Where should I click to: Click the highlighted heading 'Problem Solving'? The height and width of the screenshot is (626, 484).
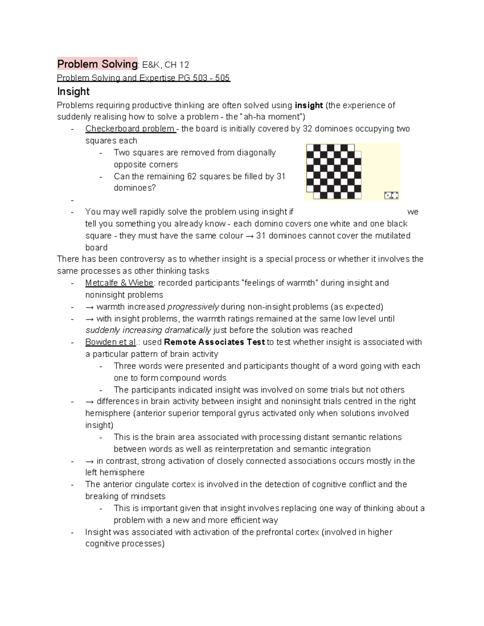97,64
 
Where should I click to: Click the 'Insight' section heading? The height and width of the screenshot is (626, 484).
73,92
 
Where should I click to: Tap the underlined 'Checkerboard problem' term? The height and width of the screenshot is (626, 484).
130,129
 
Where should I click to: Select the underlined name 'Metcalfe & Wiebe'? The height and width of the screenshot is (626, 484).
119,283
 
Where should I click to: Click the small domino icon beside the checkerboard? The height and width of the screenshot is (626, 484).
391,195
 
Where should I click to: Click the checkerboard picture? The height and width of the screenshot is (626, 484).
334,171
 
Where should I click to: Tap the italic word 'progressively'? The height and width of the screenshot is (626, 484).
193,307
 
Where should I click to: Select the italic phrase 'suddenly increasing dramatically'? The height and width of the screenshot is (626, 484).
148,331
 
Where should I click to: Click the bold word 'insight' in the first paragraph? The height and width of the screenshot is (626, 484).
309,106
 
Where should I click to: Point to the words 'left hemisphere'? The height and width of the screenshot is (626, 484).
115,472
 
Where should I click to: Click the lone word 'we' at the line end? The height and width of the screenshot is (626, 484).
413,212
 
